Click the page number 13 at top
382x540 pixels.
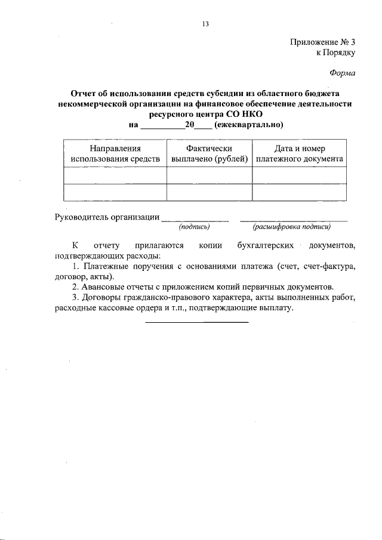coord(205,24)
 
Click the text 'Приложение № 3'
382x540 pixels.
coord(322,42)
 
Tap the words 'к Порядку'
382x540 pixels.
coord(335,53)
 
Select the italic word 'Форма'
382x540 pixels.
coord(343,74)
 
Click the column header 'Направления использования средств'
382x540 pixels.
coord(115,154)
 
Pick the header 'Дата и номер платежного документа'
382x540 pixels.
coord(299,154)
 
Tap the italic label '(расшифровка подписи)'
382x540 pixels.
coord(291,227)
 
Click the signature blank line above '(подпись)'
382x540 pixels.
coord(195,221)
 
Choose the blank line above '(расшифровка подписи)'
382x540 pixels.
coord(293,221)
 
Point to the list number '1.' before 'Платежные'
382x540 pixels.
coord(75,266)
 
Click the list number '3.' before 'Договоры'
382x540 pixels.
coord(75,297)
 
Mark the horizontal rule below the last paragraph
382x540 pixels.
coord(197,323)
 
